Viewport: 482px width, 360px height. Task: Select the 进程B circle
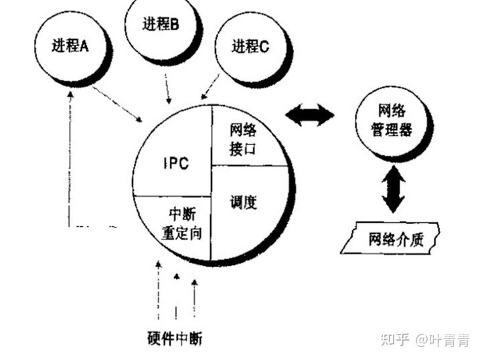pyautogui.click(x=161, y=25)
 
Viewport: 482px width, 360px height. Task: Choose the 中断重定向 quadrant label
pyautogui.click(x=181, y=225)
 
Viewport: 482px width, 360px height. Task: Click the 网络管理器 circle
pyautogui.click(x=392, y=120)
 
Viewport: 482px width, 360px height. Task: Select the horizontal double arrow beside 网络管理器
pyautogui.click(x=310, y=116)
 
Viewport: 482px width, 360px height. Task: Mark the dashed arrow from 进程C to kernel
pyautogui.click(x=211, y=86)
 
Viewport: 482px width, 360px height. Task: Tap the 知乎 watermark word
pyautogui.click(x=394, y=340)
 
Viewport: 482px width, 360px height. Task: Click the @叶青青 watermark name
pyautogui.click(x=442, y=340)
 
